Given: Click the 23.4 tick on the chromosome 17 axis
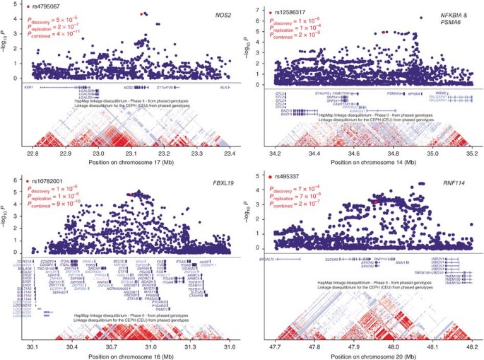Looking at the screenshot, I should [x=228, y=153].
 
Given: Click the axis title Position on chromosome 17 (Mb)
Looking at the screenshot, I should [x=130, y=163].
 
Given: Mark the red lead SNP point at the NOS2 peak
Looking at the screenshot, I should [x=143, y=13].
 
